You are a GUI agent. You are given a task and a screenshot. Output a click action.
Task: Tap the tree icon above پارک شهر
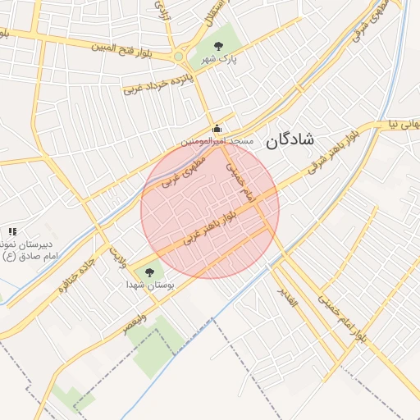[217, 46]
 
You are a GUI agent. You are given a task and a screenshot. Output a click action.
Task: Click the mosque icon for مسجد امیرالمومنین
[217, 128]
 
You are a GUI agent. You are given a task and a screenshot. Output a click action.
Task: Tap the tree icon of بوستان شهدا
[148, 272]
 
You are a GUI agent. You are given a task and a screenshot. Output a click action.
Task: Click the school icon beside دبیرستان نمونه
[11, 233]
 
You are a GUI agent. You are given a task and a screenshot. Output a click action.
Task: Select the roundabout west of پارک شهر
[178, 57]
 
